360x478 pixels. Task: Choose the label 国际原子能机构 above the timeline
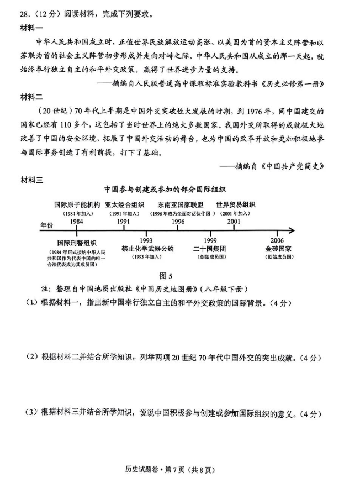click(x=77, y=204)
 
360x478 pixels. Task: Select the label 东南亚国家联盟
click(x=180, y=204)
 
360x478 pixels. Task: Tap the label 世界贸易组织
click(x=236, y=204)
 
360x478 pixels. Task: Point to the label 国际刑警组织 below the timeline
click(x=77, y=243)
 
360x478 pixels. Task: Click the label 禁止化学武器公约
click(x=147, y=248)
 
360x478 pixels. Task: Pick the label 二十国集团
click(x=210, y=248)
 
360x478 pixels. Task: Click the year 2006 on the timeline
click(x=278, y=240)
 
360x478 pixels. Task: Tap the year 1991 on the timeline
click(x=124, y=222)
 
